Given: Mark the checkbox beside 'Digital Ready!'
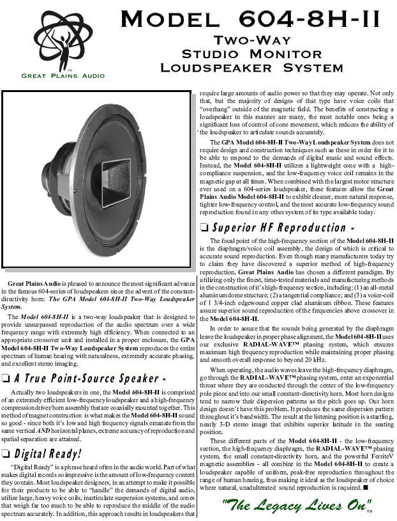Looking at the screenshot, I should click(7, 455).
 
